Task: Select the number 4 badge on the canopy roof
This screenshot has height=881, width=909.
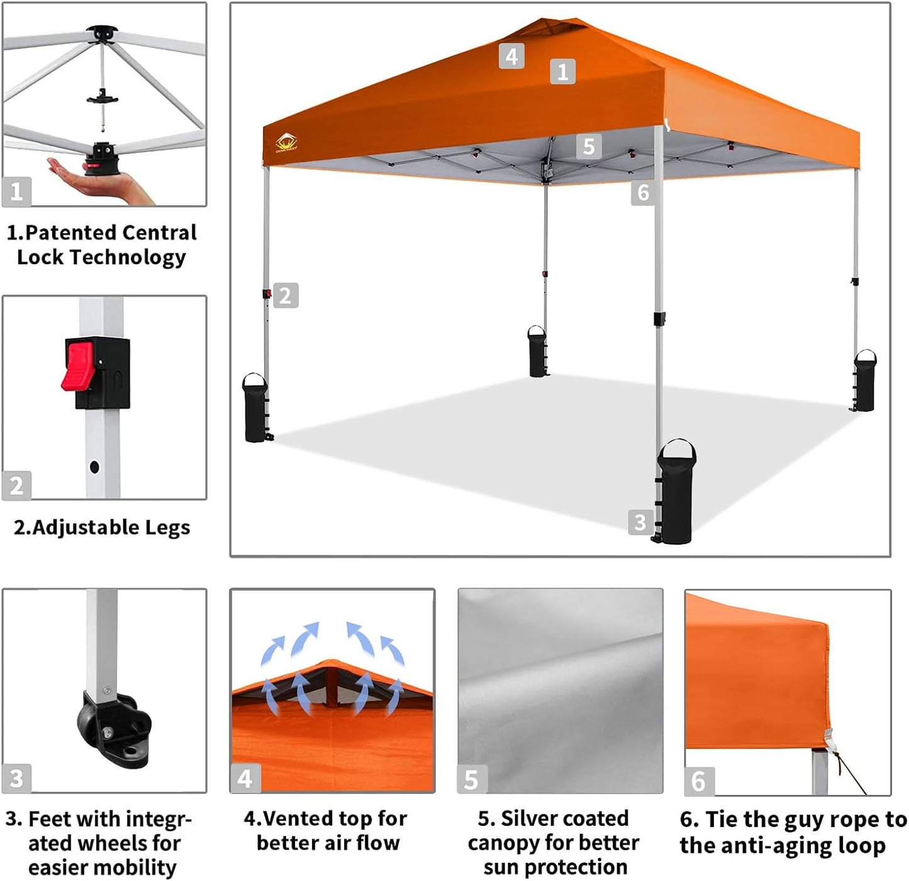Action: tap(511, 56)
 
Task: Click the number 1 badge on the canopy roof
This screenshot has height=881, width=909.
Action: tap(562, 72)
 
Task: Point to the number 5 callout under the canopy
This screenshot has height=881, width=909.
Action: tap(588, 147)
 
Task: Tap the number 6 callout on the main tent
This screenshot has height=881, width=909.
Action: tap(643, 192)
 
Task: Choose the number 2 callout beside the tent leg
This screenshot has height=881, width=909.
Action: tap(286, 296)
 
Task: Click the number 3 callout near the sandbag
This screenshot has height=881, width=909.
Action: tap(640, 522)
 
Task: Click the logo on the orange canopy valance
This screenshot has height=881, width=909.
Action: tap(287, 143)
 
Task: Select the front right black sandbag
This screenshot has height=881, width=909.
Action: tap(676, 493)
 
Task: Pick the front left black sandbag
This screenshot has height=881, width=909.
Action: tap(255, 409)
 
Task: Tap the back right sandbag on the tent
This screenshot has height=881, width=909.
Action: tap(864, 381)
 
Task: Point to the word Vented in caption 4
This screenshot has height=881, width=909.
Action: tap(298, 819)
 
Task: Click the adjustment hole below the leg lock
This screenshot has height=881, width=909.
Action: tap(94, 467)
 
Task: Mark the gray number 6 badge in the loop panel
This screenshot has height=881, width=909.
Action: tap(698, 781)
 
